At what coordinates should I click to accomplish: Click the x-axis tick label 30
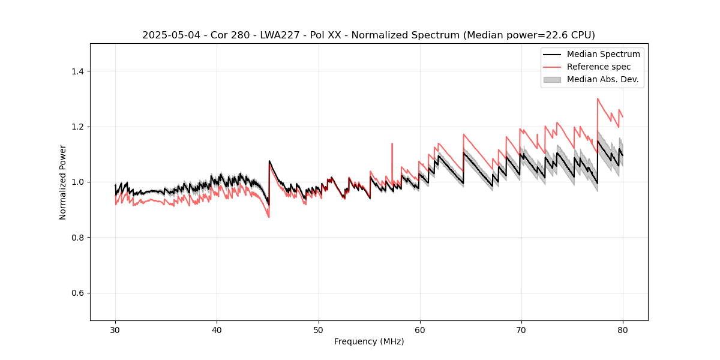tap(115, 329)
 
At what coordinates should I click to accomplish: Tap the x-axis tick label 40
tap(217, 329)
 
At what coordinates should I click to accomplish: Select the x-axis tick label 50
tap(319, 329)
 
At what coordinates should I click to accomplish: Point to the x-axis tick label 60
tap(420, 329)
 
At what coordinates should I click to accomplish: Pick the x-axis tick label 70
tap(521, 329)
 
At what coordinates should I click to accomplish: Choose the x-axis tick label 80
tap(623, 329)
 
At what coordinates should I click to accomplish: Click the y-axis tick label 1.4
tap(79, 71)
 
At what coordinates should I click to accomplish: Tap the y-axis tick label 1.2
tap(79, 127)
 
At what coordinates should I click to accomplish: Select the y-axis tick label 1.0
tap(79, 182)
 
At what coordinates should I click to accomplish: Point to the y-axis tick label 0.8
tap(79, 238)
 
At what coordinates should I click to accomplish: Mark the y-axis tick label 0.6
tap(79, 293)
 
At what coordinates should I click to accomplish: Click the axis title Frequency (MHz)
tap(369, 341)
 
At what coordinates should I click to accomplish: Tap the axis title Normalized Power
tap(63, 182)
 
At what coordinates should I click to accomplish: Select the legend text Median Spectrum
tap(603, 54)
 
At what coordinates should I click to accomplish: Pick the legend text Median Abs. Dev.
tap(603, 79)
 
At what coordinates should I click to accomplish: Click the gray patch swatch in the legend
tap(552, 79)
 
